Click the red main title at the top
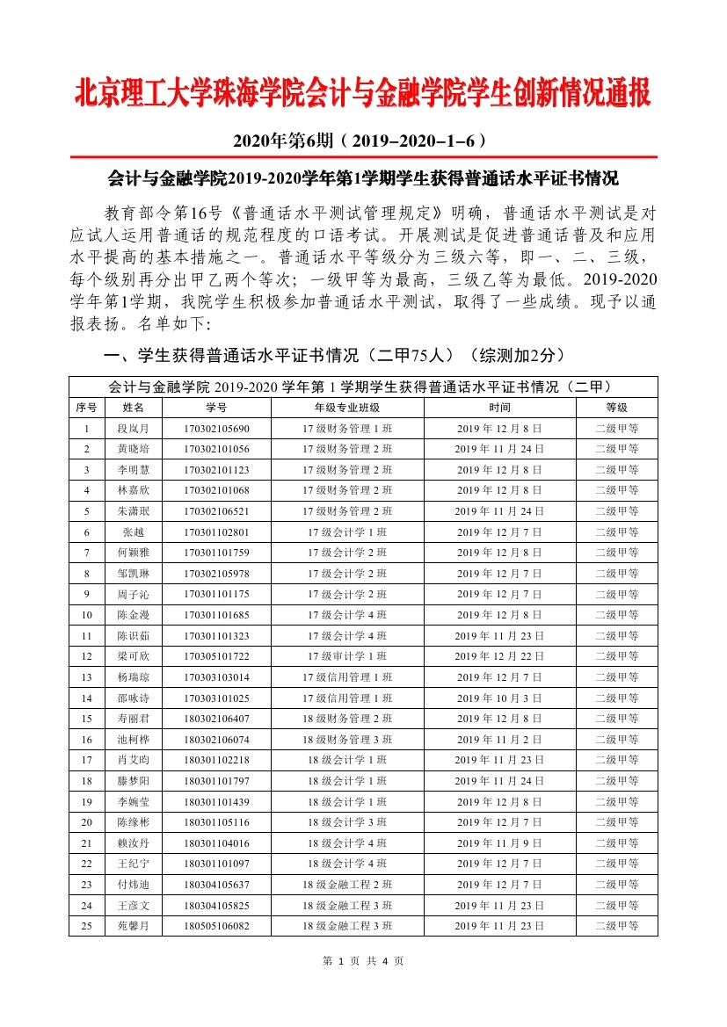(363, 94)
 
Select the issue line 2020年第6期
(362, 141)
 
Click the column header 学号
(216, 408)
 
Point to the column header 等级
(616, 408)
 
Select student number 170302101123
(216, 470)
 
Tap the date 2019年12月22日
(499, 656)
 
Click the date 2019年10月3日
(499, 698)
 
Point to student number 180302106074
(216, 740)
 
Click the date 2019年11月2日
(499, 740)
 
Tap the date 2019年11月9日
(499, 843)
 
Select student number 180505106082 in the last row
(216, 926)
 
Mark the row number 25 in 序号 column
(86, 926)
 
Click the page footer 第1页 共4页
(363, 961)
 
